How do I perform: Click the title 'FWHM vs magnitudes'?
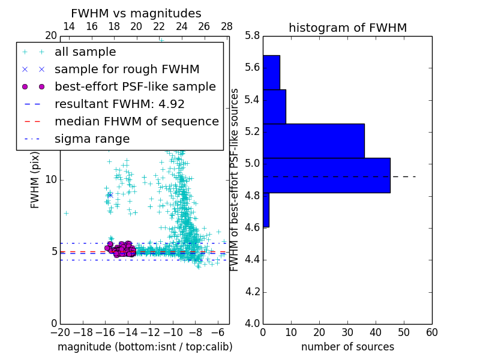(136, 14)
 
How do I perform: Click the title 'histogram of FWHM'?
(347, 28)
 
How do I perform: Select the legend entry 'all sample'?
(85, 52)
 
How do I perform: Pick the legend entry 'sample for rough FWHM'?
(127, 69)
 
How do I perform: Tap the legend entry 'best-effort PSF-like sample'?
(135, 86)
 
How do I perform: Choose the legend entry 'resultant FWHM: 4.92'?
(119, 104)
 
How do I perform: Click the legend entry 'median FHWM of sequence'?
(136, 121)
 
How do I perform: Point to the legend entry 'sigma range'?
(92, 139)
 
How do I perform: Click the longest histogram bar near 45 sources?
(326, 175)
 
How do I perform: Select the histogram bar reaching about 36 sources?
(313, 141)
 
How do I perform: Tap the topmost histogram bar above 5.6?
(271, 72)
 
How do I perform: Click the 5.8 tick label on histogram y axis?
(252, 36)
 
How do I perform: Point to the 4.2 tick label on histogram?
(252, 292)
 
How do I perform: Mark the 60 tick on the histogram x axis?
(431, 332)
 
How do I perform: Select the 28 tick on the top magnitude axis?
(227, 26)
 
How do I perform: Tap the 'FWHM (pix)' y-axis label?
(35, 180)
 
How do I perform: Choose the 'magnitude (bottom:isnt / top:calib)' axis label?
(145, 347)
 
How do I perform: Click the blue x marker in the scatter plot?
(110, 194)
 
